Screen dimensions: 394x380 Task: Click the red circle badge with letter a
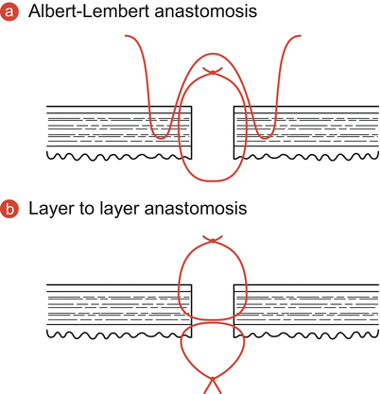point(10,12)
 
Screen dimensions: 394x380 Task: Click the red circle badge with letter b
point(10,207)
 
